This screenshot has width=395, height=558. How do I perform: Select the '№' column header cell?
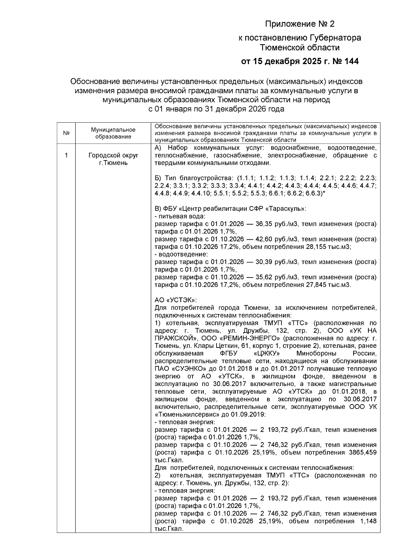66,133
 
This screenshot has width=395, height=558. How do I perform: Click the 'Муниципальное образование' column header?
113,133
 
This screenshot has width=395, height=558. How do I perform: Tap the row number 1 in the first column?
66,155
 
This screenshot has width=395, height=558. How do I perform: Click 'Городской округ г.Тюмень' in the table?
113,159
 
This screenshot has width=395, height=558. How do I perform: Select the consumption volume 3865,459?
362,452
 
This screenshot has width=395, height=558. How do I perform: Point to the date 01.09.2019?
250,414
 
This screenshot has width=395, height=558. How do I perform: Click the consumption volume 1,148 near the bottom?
369,521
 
